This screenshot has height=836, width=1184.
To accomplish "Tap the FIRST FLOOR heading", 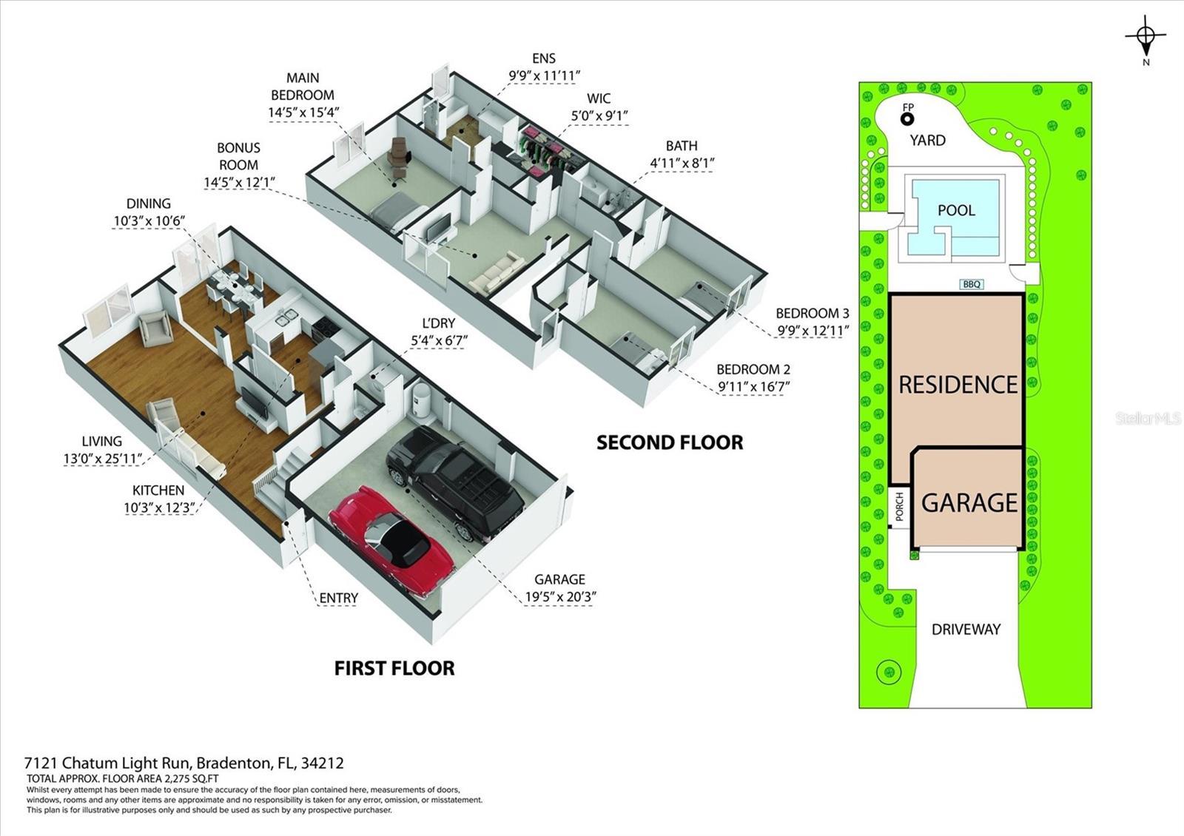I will tap(394, 668).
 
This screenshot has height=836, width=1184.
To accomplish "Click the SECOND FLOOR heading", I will tap(670, 442).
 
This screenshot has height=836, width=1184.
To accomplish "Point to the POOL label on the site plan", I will tap(956, 210).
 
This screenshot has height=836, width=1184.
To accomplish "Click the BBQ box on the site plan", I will tap(972, 284).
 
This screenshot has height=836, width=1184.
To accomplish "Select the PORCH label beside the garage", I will tap(899, 507).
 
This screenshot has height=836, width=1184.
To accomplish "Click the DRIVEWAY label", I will tap(966, 629).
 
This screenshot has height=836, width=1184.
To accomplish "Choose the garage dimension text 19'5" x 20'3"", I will tap(560, 598).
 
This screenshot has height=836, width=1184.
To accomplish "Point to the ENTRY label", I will tap(338, 598).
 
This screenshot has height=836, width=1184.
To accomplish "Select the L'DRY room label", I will tap(438, 323).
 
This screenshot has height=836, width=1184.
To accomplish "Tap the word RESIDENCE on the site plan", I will tap(958, 385).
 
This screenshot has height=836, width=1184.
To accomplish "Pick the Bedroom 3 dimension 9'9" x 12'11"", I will tap(812, 330).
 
